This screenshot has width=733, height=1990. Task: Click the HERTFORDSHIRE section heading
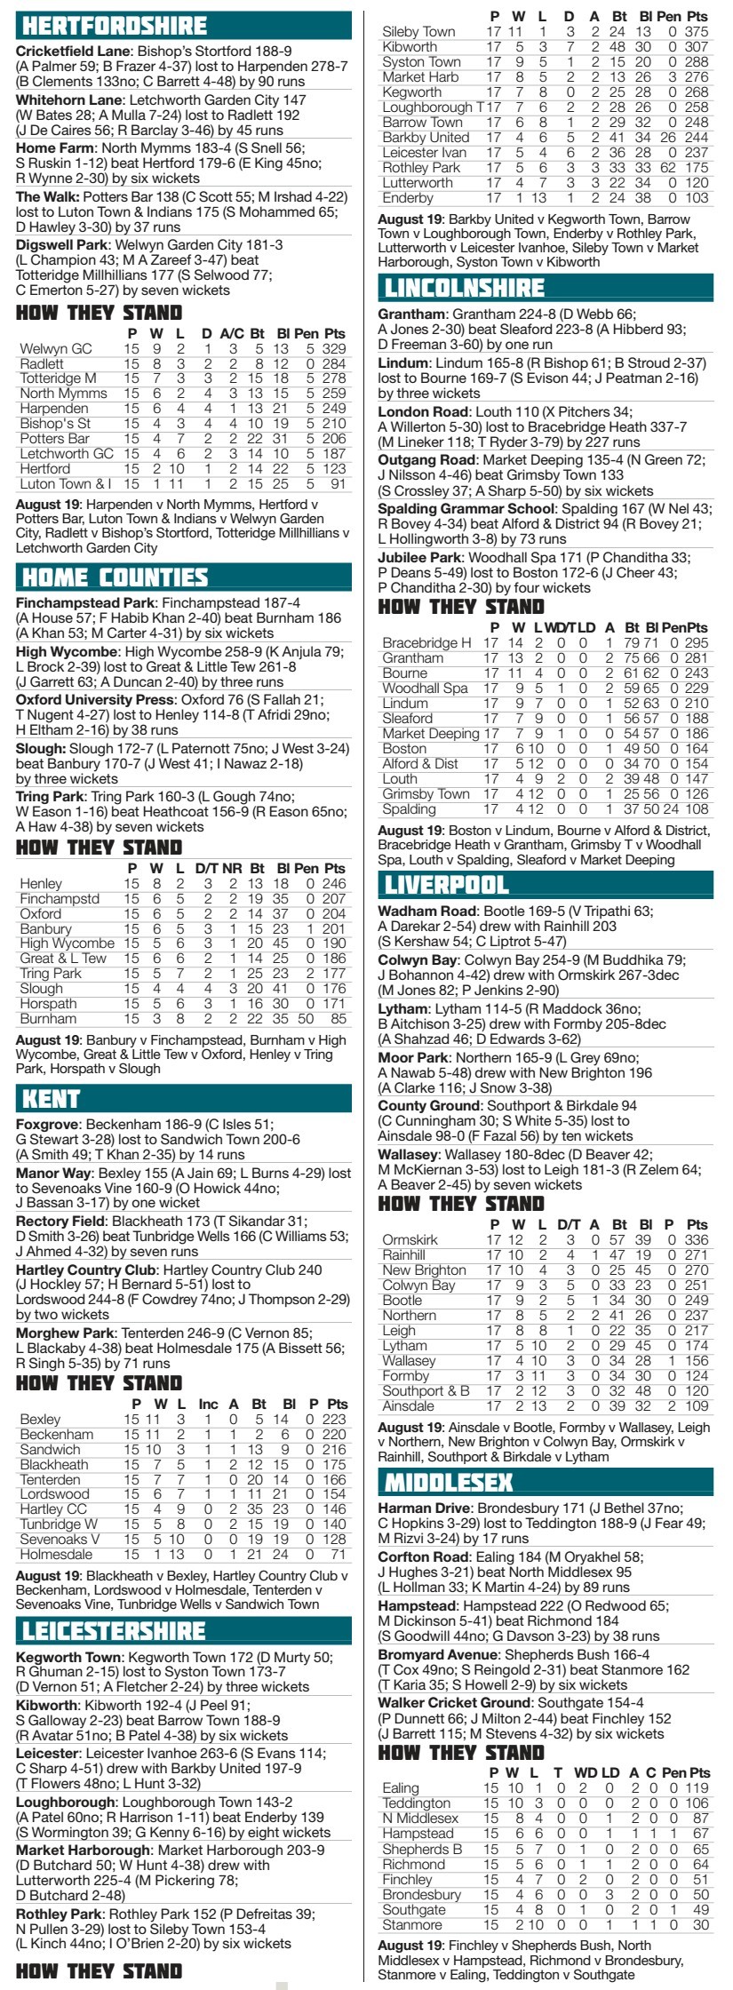point(112,25)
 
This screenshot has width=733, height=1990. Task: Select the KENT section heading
point(52,1098)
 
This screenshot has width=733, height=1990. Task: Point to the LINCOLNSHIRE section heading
point(462,288)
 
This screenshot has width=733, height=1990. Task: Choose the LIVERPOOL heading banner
point(444,885)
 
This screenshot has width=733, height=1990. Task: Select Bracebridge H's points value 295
point(697,643)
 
